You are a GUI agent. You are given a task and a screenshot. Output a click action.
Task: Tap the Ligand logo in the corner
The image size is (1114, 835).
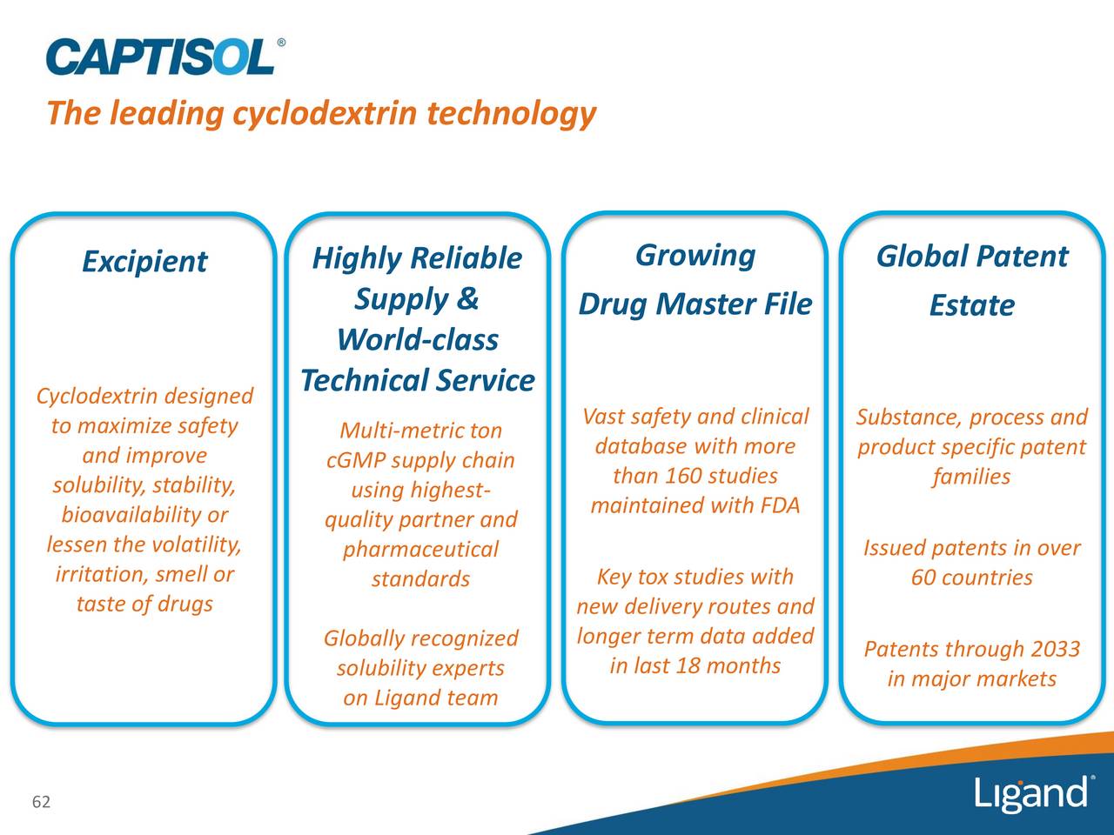tap(1034, 793)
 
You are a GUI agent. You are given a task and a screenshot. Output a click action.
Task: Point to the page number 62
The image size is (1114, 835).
tap(41, 802)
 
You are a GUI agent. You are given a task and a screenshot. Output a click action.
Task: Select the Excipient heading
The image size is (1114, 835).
tap(144, 262)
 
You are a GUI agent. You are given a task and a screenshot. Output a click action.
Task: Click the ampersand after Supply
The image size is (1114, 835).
tap(466, 298)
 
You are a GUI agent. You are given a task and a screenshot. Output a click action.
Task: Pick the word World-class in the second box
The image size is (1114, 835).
tap(418, 339)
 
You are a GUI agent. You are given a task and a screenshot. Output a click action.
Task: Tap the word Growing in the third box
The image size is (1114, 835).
tap(695, 256)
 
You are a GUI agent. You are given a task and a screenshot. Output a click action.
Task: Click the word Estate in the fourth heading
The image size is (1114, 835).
tap(972, 305)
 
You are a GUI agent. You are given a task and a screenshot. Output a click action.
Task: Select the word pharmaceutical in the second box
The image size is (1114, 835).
tap(420, 550)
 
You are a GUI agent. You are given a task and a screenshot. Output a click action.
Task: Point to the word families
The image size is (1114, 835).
tap(971, 477)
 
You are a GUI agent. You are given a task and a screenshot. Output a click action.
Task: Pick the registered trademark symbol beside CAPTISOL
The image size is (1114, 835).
tap(281, 43)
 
